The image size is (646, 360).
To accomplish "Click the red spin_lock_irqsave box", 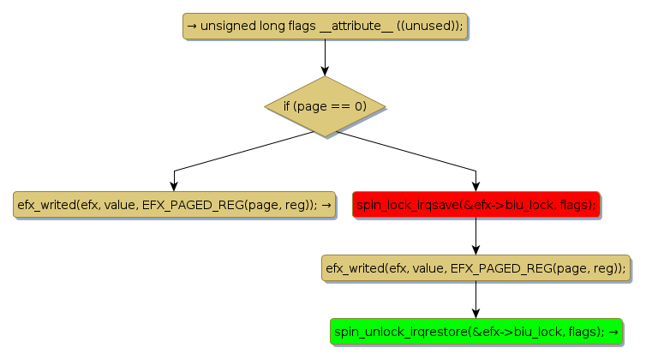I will click(x=476, y=205).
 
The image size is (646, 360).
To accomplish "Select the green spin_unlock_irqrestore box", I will click(x=476, y=332).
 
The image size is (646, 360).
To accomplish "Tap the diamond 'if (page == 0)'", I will click(x=325, y=106).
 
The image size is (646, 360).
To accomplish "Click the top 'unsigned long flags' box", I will click(x=325, y=27).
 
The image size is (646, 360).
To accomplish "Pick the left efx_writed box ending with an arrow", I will click(x=174, y=205).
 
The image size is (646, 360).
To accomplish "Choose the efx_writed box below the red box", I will click(x=476, y=268).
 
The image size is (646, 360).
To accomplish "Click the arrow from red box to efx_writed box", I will click(x=476, y=236).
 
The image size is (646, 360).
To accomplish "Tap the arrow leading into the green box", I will click(x=476, y=300).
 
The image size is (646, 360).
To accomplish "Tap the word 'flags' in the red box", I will click(x=577, y=205).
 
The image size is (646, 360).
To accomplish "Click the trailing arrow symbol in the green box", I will click(x=613, y=332).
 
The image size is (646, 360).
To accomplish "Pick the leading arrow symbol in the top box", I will click(x=192, y=27).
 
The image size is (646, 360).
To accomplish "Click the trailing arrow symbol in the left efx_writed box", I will click(x=326, y=205).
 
